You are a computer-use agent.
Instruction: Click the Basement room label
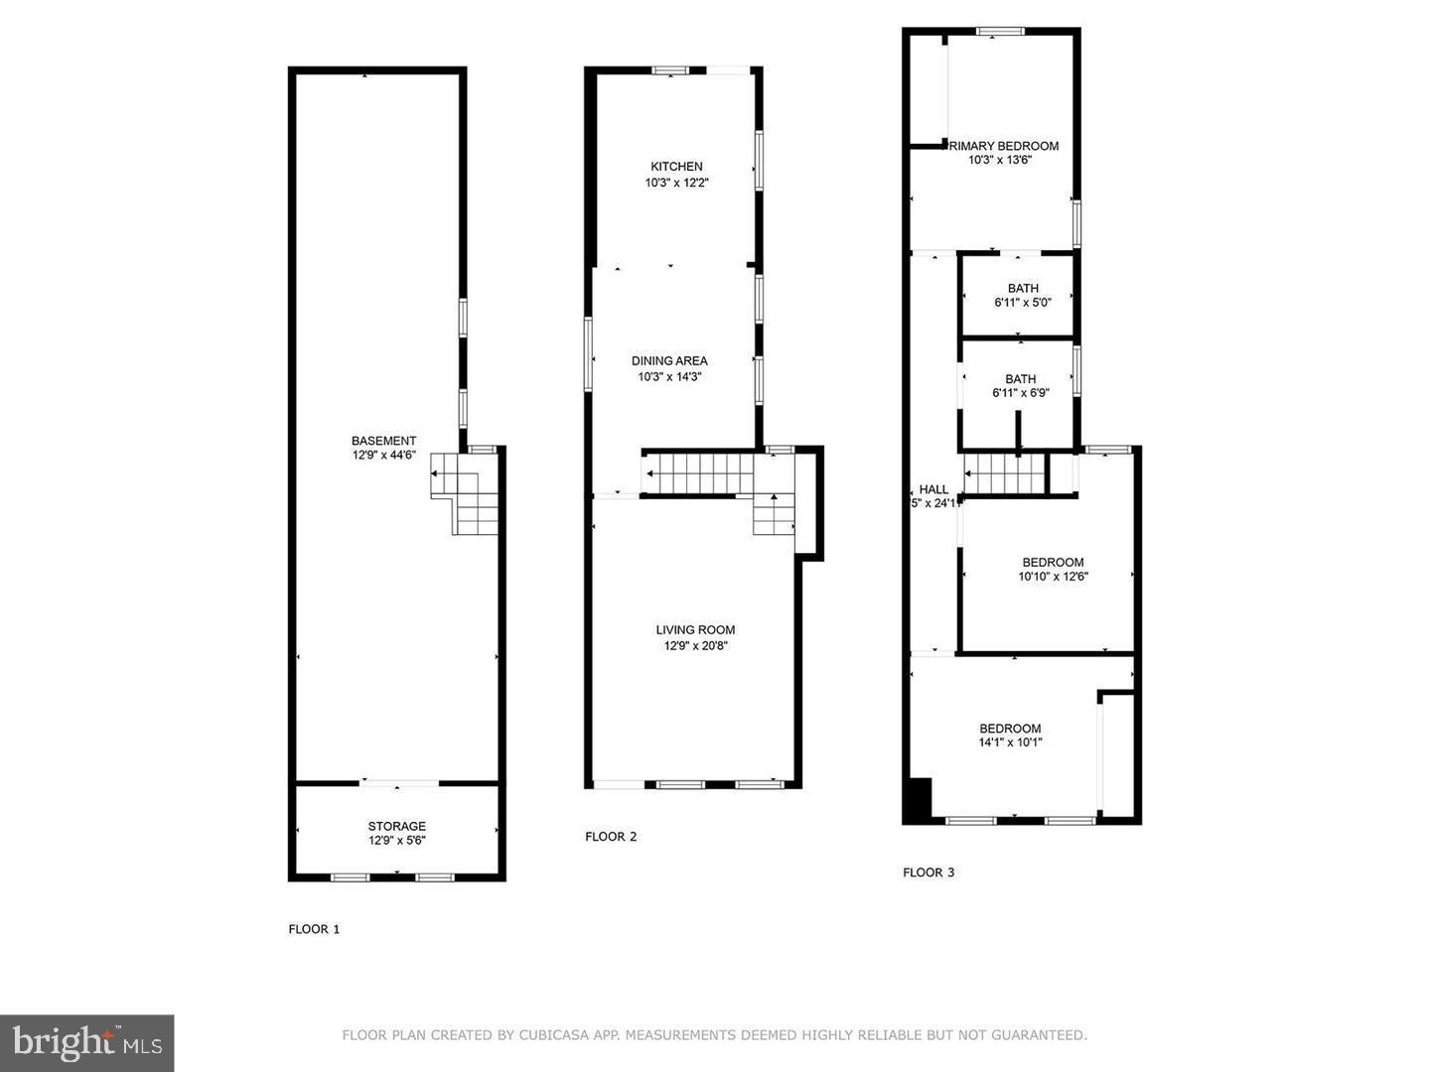click(x=383, y=441)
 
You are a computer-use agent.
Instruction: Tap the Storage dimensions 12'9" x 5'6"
click(x=397, y=841)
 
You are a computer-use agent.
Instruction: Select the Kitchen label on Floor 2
click(x=676, y=167)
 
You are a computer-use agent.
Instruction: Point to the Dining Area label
click(x=669, y=361)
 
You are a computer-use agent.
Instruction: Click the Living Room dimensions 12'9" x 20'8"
click(x=696, y=646)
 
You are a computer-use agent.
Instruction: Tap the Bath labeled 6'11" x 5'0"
click(x=1022, y=296)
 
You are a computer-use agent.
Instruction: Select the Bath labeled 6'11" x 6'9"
click(x=1020, y=386)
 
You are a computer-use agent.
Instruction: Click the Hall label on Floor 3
click(x=933, y=489)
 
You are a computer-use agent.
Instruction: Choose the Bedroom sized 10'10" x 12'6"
click(x=1053, y=569)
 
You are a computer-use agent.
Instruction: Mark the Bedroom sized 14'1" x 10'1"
click(x=1010, y=735)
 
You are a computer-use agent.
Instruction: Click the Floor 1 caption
click(x=314, y=930)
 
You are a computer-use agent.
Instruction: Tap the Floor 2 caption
click(x=611, y=837)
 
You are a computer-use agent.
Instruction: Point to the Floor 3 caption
click(x=929, y=872)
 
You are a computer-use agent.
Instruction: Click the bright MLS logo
click(x=86, y=1042)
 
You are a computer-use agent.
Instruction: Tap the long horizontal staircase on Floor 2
click(x=700, y=473)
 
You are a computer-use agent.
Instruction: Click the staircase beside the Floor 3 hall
click(x=1005, y=473)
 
